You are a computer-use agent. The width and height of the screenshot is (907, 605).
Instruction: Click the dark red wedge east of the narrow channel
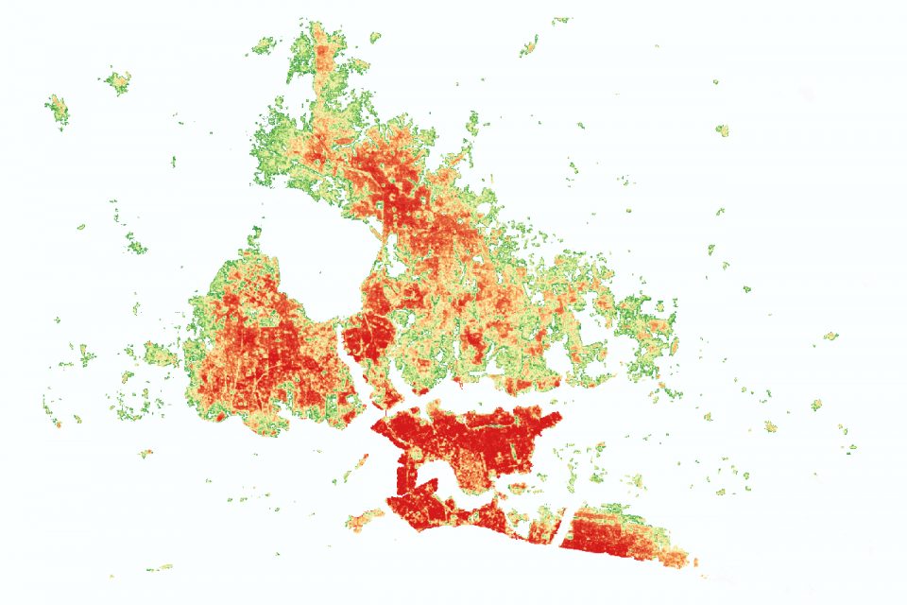point(364,336)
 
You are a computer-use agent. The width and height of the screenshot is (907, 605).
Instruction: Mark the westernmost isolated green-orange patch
point(58,110)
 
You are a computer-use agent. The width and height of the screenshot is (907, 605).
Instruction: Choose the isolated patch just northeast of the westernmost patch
point(118,81)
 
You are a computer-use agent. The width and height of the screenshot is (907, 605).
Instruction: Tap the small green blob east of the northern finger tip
point(375,38)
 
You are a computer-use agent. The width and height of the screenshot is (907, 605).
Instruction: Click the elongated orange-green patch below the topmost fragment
point(529,44)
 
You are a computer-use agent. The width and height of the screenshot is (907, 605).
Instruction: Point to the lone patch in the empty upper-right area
point(722,130)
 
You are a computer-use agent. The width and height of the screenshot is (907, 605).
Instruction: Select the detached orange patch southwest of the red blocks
point(365,520)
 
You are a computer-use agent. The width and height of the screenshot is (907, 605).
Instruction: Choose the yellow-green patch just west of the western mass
point(161,356)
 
